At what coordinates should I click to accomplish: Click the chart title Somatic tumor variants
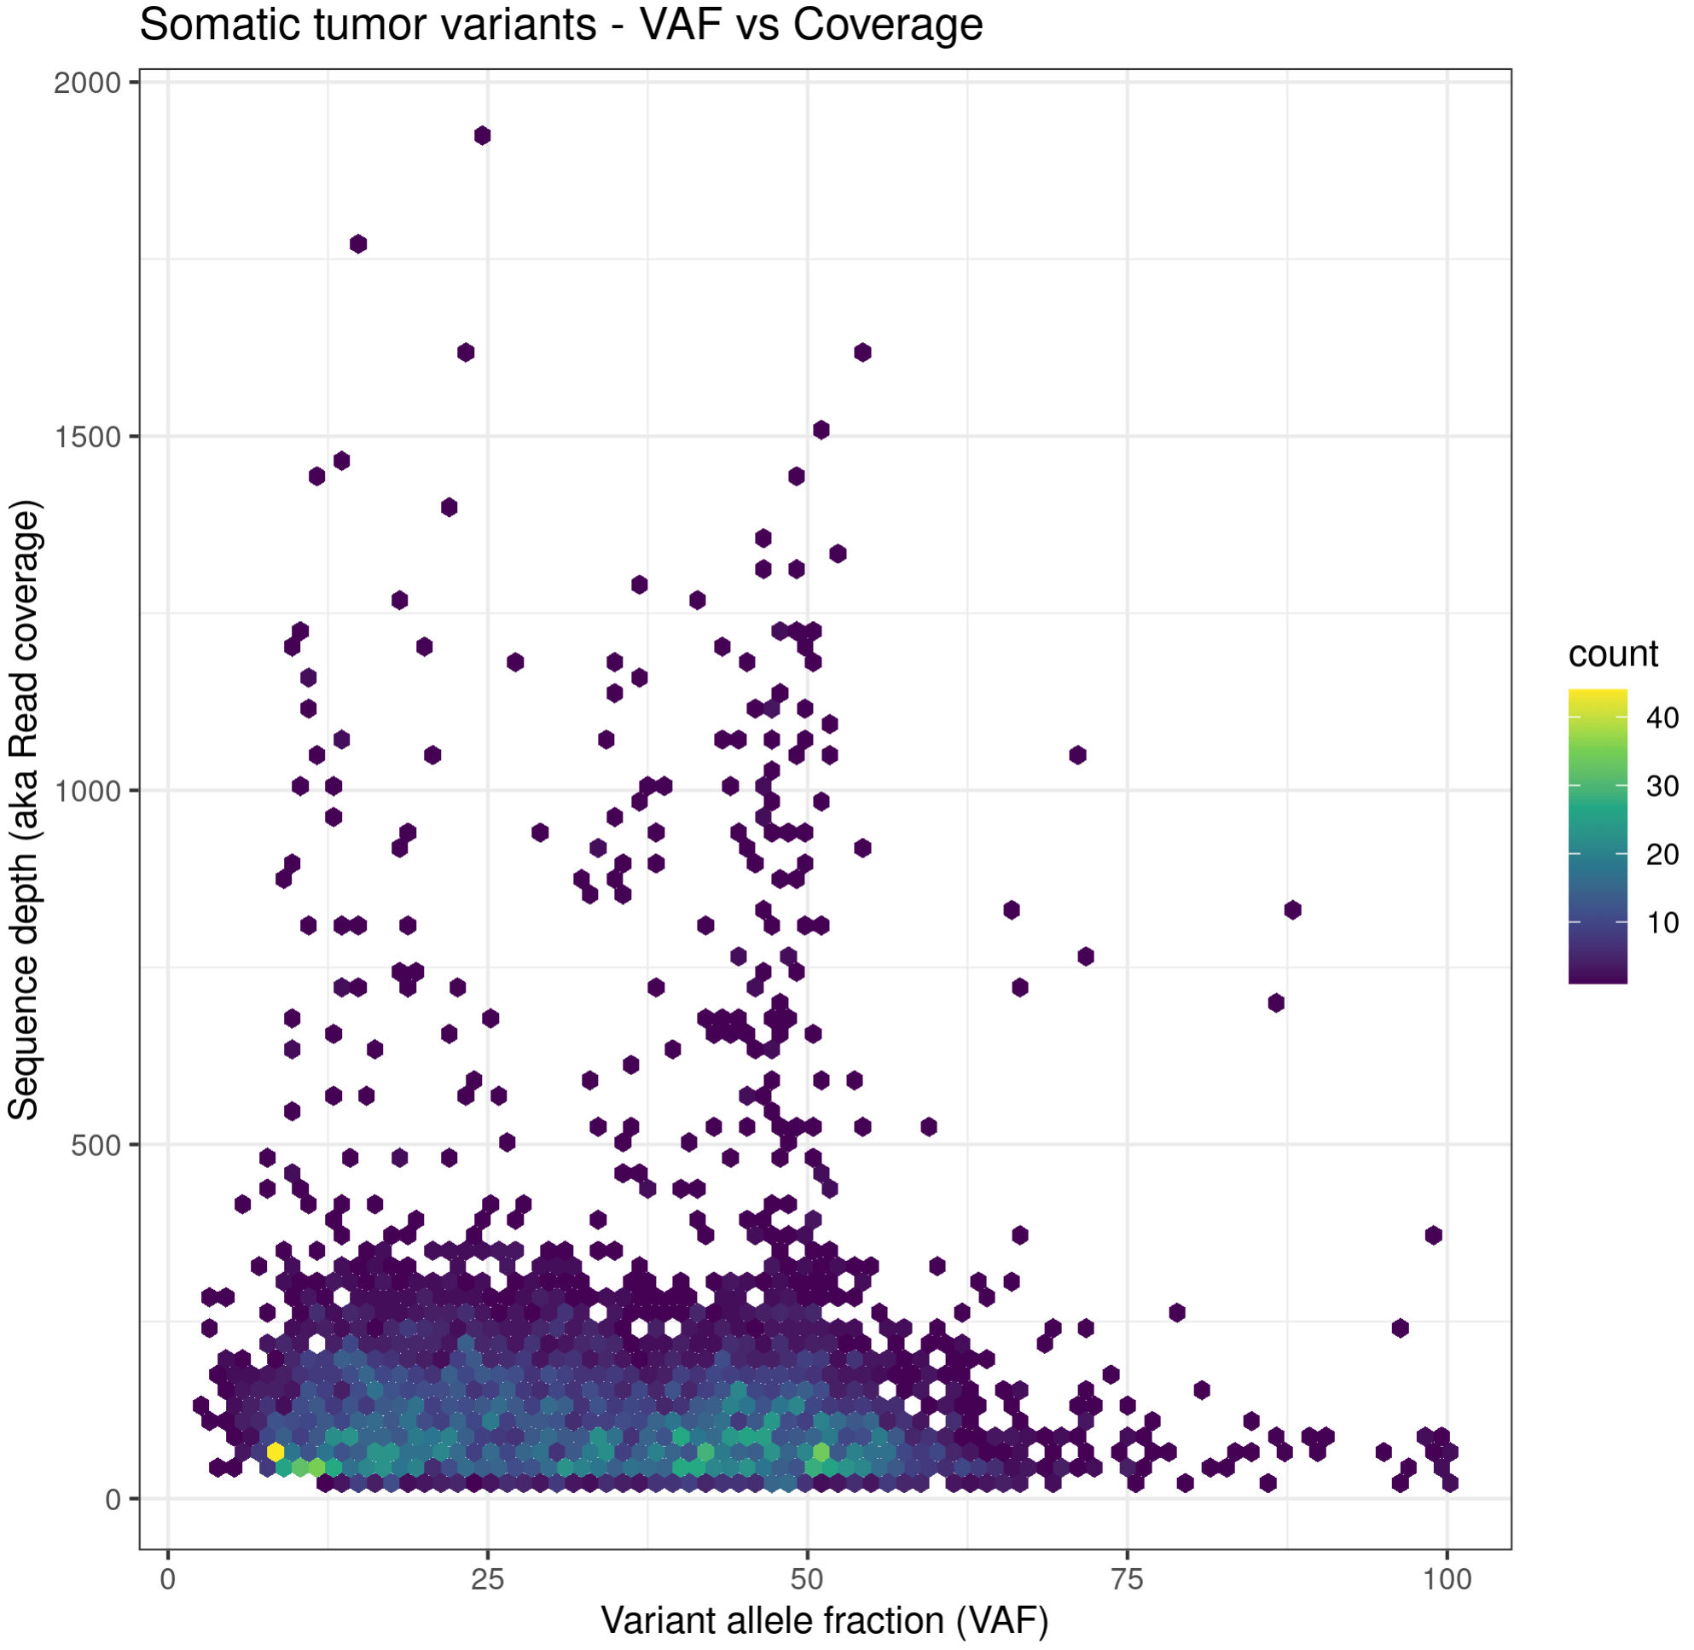(x=560, y=24)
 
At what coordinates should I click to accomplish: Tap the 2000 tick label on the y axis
(x=87, y=84)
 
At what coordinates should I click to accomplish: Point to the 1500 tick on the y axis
(x=87, y=438)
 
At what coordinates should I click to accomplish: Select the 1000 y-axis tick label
(x=87, y=791)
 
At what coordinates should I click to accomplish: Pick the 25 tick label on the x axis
(x=487, y=1579)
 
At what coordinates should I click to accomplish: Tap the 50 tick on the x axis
(x=807, y=1579)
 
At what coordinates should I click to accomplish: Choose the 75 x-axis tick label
(x=1127, y=1579)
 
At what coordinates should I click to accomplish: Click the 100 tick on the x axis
(x=1446, y=1579)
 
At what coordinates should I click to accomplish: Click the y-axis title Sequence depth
(x=23, y=810)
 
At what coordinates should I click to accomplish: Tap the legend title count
(x=1613, y=654)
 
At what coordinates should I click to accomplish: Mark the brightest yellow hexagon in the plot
(x=276, y=1451)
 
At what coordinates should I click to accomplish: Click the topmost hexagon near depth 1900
(x=483, y=136)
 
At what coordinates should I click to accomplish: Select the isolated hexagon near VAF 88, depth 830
(x=1292, y=910)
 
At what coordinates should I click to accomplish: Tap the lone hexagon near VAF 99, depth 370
(x=1433, y=1235)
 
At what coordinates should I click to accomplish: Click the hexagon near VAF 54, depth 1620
(x=862, y=352)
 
